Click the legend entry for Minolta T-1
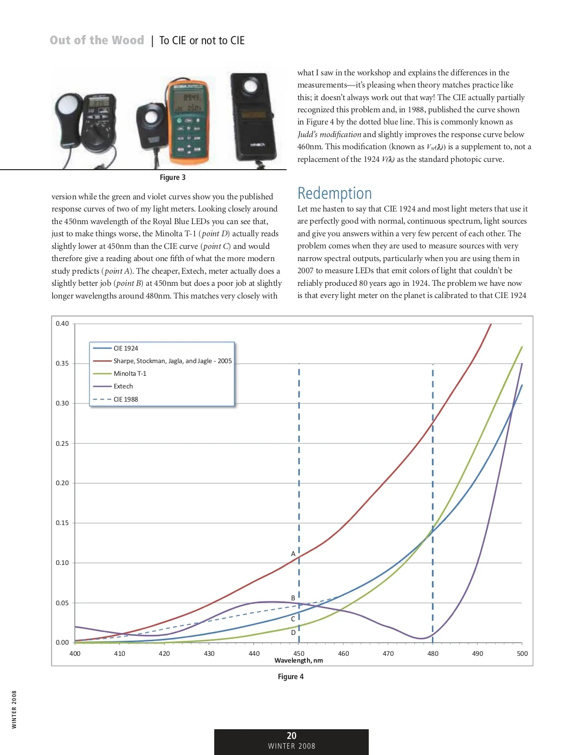(130, 373)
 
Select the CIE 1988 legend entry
(125, 399)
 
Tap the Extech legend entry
(123, 386)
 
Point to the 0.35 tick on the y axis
(62, 363)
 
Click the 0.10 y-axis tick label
(62, 562)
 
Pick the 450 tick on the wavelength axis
(299, 653)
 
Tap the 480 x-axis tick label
(433, 653)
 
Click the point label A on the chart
(293, 554)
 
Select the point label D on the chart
(293, 632)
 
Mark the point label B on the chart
(293, 598)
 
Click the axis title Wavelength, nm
(299, 660)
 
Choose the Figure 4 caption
(291, 676)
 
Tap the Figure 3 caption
(172, 177)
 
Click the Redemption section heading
(334, 193)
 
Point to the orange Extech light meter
(187, 122)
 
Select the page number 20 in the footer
(291, 736)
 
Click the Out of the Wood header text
(97, 40)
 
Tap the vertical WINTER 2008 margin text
(14, 709)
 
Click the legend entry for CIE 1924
(125, 348)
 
